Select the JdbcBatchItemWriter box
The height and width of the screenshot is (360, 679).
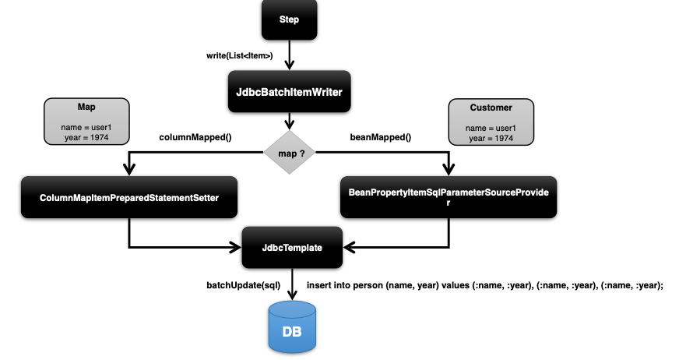click(289, 92)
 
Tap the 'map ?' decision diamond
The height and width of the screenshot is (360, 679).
click(290, 153)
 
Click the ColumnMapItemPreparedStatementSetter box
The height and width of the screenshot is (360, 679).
click(129, 198)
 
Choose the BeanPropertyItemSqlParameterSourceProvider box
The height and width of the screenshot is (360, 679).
click(449, 197)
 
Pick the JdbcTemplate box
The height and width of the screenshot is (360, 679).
click(292, 248)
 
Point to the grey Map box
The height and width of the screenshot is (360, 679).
click(86, 122)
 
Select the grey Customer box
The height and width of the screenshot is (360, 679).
click(491, 122)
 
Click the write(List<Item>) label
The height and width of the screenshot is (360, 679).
click(239, 56)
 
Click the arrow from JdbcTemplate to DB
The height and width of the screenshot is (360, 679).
click(292, 284)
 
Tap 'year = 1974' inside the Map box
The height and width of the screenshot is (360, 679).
click(86, 137)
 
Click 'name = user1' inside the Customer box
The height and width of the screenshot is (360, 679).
click(491, 127)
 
